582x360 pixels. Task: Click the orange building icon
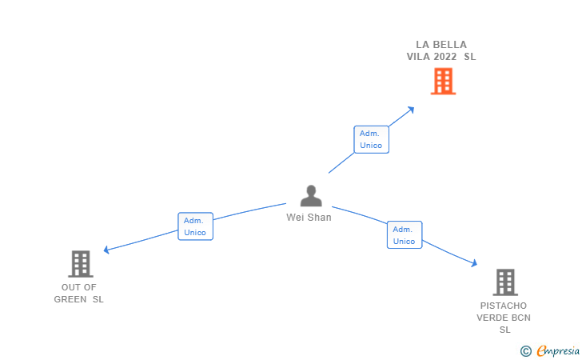point(443,82)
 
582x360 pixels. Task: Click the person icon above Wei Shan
point(310,196)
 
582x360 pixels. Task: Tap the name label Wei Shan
point(309,217)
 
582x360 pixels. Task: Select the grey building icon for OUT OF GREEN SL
point(80,263)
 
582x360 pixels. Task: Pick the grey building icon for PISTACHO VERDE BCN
point(504,282)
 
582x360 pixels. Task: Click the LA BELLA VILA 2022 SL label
point(440,50)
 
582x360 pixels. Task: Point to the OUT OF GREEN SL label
point(78,293)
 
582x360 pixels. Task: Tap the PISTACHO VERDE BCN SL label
point(504,318)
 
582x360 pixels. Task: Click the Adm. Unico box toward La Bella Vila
point(371,139)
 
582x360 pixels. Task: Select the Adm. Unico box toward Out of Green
point(195,226)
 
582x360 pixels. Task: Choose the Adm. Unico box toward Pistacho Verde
point(404,235)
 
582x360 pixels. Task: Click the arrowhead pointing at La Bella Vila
point(411,109)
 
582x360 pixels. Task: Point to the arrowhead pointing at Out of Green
point(107,250)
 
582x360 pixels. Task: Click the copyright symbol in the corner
point(525,350)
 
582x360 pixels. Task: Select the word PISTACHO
point(504,306)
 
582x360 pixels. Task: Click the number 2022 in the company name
point(445,57)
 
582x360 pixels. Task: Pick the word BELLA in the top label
point(452,45)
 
